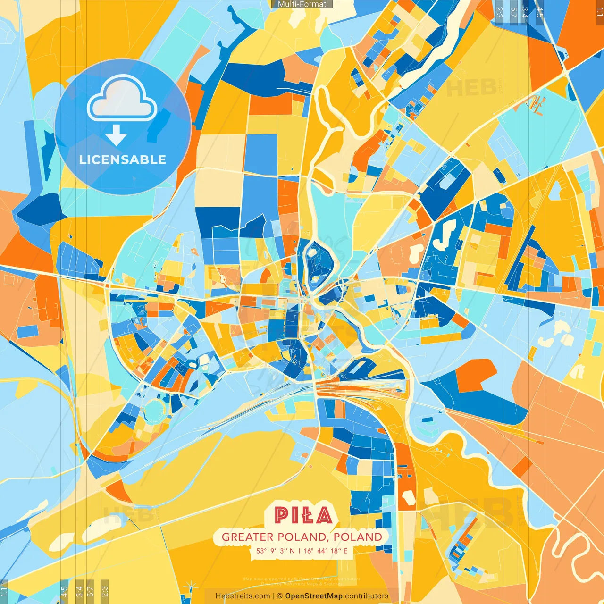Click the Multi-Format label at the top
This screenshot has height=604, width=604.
click(302, 4)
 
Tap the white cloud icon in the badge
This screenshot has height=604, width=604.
click(122, 100)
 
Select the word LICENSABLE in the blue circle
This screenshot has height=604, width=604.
click(123, 159)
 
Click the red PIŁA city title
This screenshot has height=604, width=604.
click(303, 515)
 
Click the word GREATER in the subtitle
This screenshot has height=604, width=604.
click(247, 537)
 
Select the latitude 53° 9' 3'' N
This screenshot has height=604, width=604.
click(276, 551)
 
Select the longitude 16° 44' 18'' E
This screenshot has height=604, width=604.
click(326, 551)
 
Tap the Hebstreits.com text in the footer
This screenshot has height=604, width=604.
click(243, 596)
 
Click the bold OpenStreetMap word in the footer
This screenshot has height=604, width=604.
click(313, 596)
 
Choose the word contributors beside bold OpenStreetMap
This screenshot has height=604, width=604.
click(366, 596)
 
